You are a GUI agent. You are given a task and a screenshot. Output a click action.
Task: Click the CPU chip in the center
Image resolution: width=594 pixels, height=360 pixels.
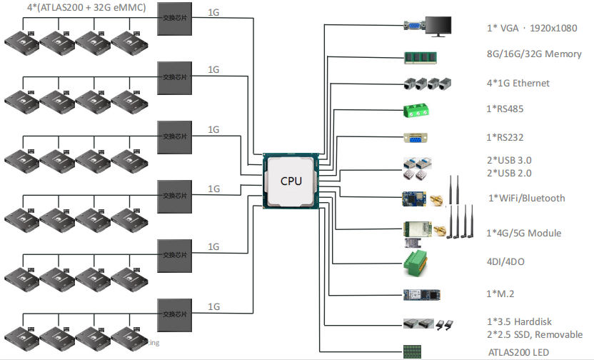(290, 181)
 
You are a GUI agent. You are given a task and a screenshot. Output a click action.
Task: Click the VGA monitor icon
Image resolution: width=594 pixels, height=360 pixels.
(438, 26)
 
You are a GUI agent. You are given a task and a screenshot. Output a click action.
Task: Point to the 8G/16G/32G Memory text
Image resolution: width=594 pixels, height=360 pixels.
(533, 54)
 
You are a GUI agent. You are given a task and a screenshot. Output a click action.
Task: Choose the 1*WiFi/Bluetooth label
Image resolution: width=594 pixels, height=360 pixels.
(527, 198)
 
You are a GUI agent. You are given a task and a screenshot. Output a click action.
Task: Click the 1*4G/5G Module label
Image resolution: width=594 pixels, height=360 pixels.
(523, 233)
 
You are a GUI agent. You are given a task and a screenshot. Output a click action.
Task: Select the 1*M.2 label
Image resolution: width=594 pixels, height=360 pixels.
(500, 294)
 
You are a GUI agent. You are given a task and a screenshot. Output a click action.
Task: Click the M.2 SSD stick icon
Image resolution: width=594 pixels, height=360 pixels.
(424, 294)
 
